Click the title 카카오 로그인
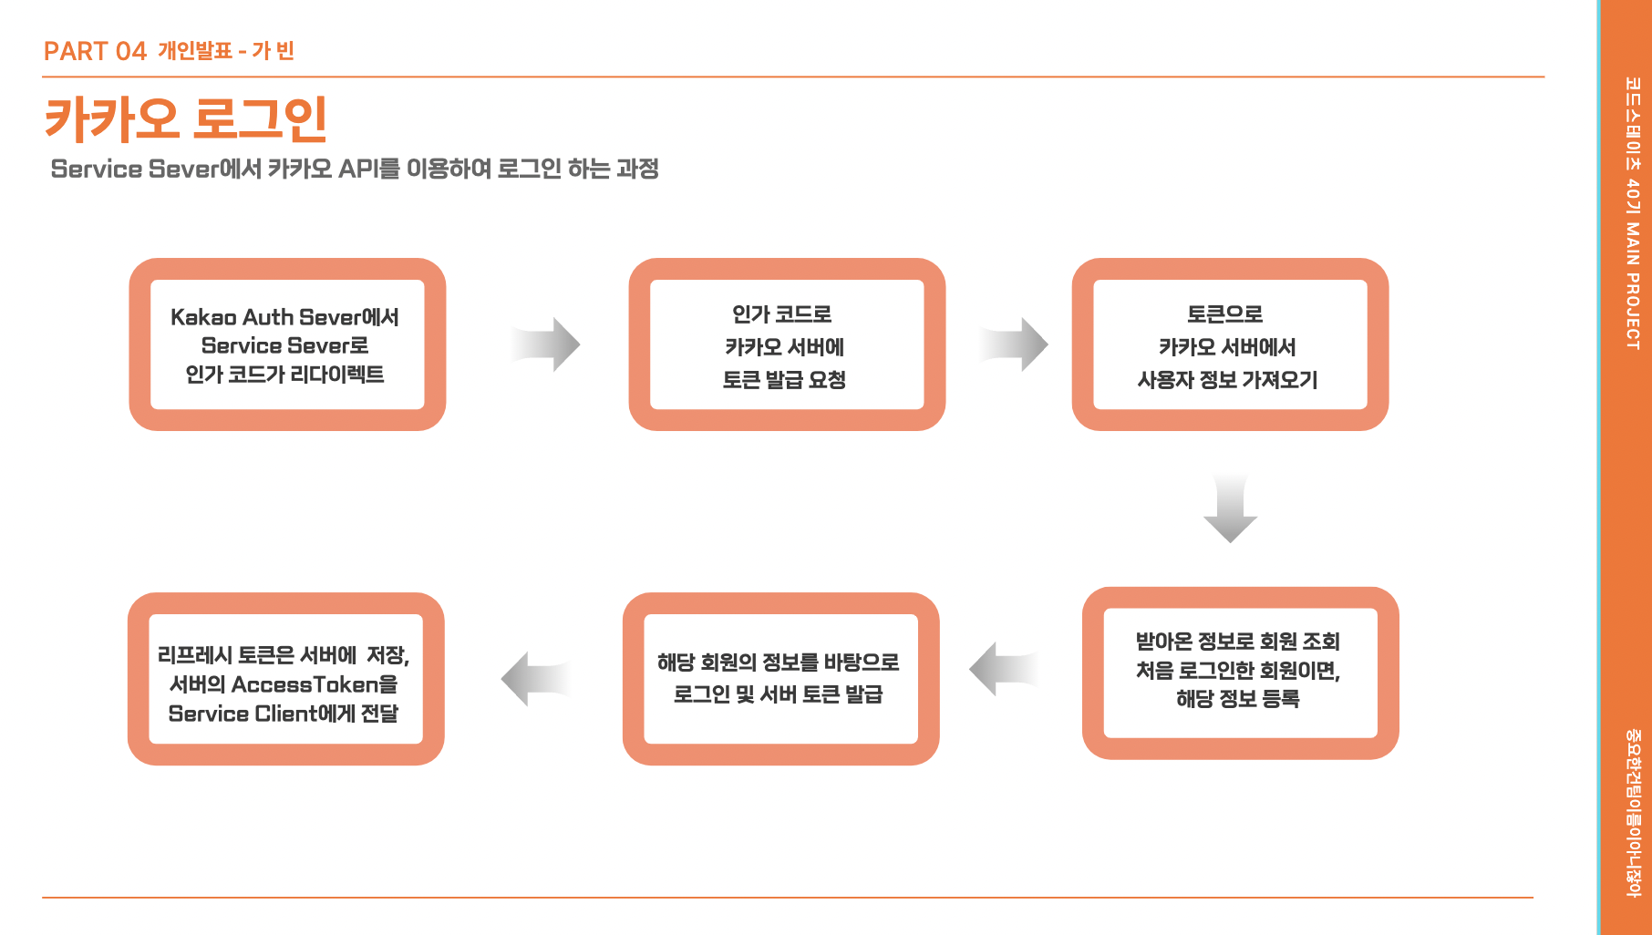tap(185, 119)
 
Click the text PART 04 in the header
tap(95, 51)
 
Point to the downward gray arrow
tap(1230, 509)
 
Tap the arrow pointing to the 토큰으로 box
tap(1015, 344)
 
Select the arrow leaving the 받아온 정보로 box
tap(1003, 669)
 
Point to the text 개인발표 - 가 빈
tap(225, 51)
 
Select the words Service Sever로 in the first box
tap(284, 345)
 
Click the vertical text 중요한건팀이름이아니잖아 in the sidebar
tap(1632, 812)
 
